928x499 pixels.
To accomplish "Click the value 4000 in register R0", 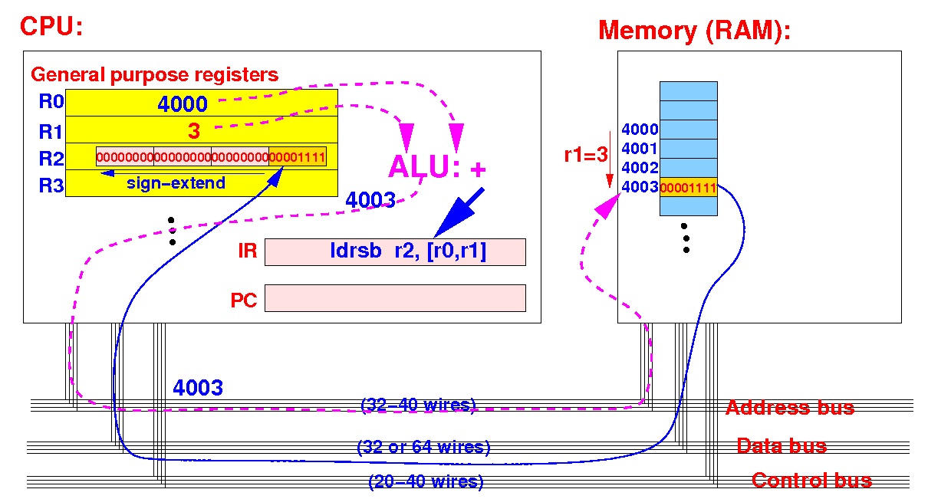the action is [x=183, y=104].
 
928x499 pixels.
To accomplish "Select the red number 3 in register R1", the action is [x=194, y=131].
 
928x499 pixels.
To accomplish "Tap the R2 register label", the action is [x=51, y=159].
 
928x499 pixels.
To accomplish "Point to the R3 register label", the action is [x=51, y=185].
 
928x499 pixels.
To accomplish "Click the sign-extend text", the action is [x=176, y=182].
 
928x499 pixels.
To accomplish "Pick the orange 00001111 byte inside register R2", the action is [x=298, y=157].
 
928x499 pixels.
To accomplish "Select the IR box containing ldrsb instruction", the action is [x=395, y=251].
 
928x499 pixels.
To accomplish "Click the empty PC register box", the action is [x=395, y=297].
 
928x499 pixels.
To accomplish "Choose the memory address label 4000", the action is [x=640, y=130].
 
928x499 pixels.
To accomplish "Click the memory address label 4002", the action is [x=640, y=168].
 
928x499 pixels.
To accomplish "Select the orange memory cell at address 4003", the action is [x=689, y=187].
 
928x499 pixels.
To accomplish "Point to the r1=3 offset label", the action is [x=586, y=155].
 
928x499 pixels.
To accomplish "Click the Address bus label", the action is [x=790, y=408].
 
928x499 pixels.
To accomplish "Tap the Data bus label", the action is [x=782, y=446].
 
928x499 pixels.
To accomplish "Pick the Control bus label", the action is [x=812, y=481].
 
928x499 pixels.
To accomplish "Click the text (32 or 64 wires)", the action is [x=423, y=447].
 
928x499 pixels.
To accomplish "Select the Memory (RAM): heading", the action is [x=694, y=31].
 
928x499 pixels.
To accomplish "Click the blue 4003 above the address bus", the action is [x=198, y=388].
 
